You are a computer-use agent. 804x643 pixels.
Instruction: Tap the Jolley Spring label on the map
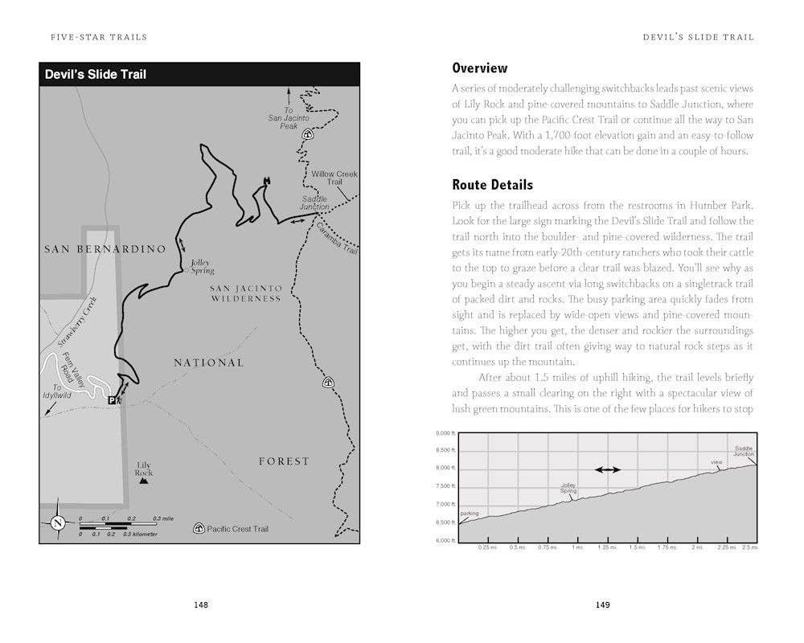point(202,266)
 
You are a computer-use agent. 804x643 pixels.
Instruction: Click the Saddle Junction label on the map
point(315,203)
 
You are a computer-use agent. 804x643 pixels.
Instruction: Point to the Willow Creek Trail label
point(334,178)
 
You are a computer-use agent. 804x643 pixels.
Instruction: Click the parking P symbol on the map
point(112,400)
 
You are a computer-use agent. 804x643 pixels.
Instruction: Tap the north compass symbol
point(58,522)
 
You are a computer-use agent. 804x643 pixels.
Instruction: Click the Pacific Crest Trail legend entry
point(232,529)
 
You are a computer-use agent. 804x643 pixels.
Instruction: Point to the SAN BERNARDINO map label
point(105,249)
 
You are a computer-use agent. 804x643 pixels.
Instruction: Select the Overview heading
point(480,68)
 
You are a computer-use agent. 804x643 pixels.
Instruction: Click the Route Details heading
point(492,185)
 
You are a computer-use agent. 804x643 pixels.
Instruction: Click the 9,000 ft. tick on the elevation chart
point(446,433)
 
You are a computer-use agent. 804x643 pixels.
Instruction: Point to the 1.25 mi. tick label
point(607,547)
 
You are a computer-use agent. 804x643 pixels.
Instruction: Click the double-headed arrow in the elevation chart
point(607,469)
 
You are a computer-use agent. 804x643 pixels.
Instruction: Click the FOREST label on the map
point(284,461)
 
